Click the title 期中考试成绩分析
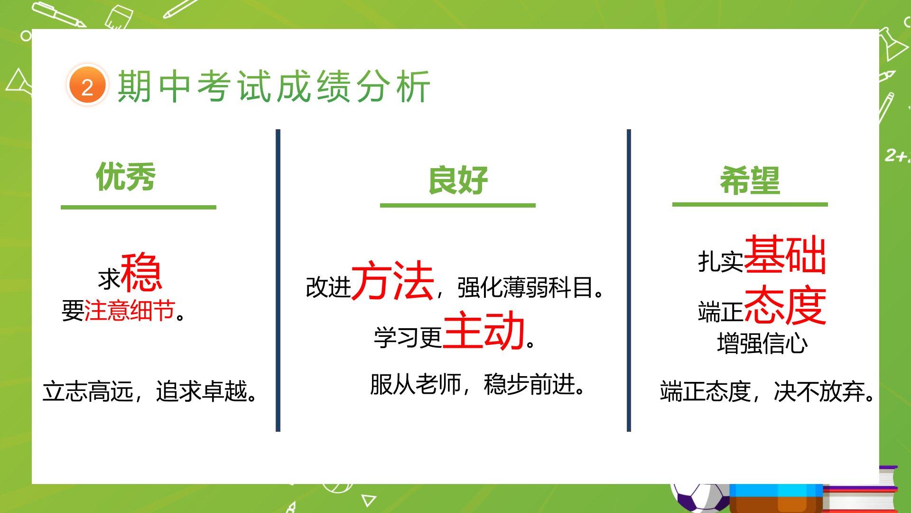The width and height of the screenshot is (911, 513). [x=274, y=86]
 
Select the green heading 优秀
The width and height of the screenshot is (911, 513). [x=126, y=177]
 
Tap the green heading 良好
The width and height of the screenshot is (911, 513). [x=458, y=180]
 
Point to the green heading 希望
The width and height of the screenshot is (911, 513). [x=750, y=180]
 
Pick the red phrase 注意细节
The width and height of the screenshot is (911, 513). [x=130, y=311]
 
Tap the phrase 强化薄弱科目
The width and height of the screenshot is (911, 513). [x=530, y=287]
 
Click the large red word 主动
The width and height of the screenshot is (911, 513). [x=483, y=331]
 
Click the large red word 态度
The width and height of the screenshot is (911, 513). [x=785, y=305]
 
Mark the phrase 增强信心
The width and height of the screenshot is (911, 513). [x=762, y=343]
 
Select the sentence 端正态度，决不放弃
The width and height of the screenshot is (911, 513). [x=767, y=391]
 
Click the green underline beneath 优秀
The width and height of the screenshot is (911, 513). [x=139, y=207]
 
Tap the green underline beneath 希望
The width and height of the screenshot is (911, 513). [x=750, y=204]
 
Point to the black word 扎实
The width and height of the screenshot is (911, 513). [x=720, y=261]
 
